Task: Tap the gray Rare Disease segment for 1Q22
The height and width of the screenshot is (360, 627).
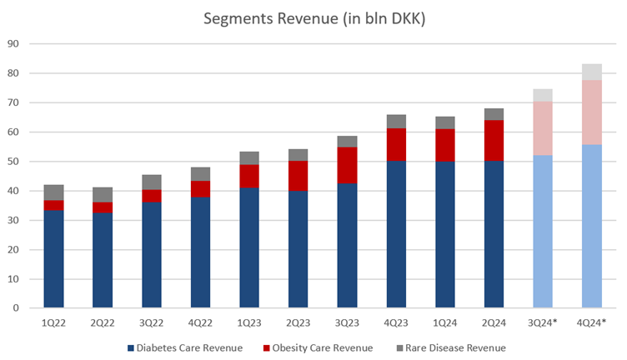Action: click(54, 192)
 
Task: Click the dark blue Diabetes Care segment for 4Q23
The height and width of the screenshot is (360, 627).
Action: click(396, 234)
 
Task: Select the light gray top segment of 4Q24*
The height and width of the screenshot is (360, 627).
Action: click(592, 72)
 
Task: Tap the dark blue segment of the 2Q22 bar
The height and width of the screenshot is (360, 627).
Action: click(103, 260)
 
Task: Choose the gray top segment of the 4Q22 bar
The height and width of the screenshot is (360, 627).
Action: click(200, 174)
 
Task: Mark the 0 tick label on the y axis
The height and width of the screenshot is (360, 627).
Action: click(15, 308)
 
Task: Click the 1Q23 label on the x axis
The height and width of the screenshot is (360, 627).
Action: click(249, 322)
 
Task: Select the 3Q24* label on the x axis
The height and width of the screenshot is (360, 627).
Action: click(543, 322)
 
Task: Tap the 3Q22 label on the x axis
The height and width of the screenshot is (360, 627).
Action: click(152, 322)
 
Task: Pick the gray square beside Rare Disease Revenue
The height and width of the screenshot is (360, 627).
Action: click(399, 347)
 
